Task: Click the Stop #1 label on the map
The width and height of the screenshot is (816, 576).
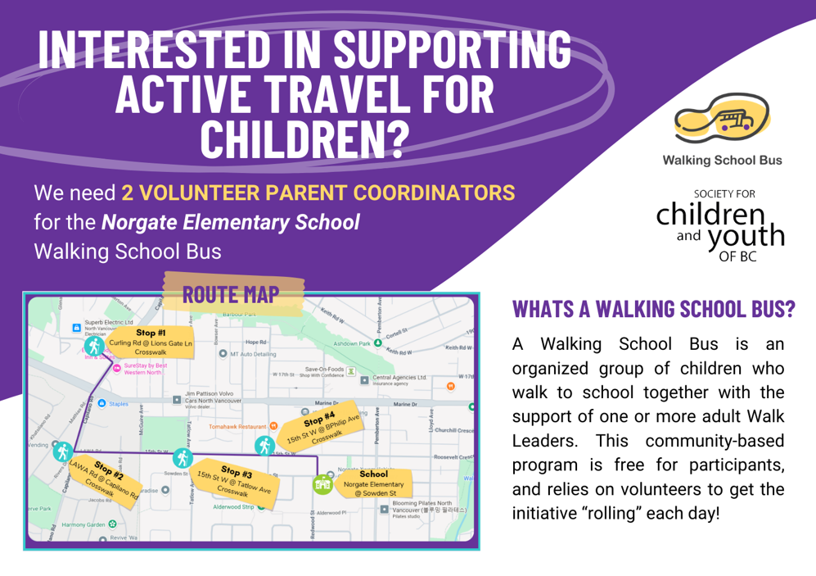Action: click(151, 333)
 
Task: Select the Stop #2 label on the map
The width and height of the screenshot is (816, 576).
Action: click(108, 474)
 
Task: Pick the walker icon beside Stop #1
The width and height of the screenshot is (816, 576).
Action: click(96, 347)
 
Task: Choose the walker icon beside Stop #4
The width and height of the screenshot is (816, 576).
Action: click(264, 445)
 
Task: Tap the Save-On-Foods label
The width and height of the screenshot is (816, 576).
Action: click(322, 370)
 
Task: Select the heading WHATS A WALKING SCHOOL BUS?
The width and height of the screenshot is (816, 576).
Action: click(653, 309)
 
